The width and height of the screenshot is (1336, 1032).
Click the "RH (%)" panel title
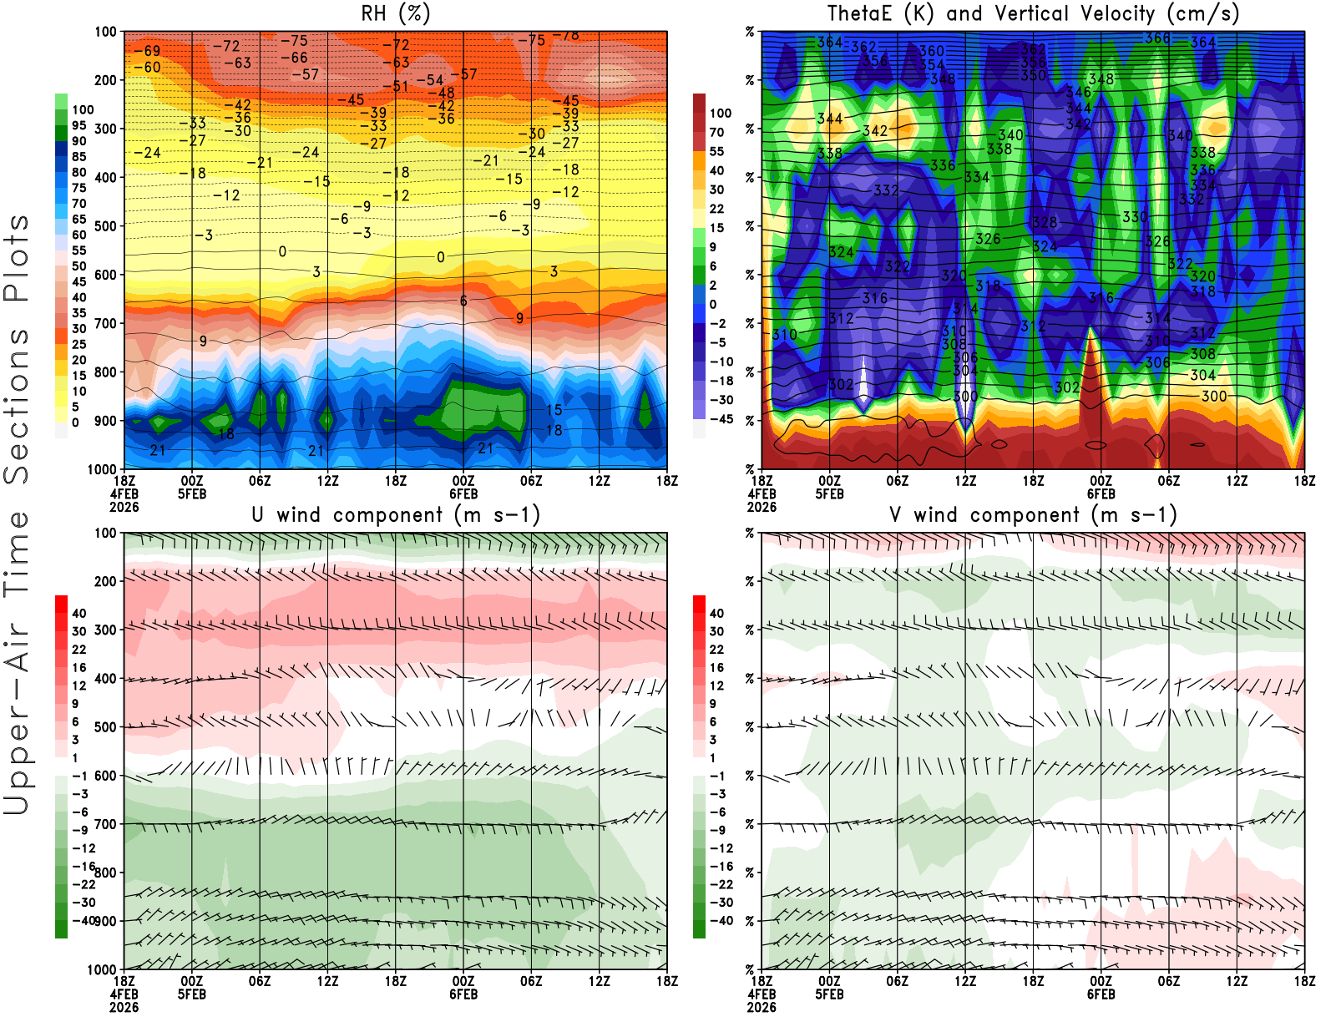pyautogui.click(x=395, y=13)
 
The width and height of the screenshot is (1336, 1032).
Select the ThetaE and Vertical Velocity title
pyautogui.click(x=1033, y=13)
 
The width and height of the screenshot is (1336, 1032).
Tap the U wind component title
pyautogui.click(x=395, y=514)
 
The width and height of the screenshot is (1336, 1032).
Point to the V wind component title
pyautogui.click(x=1033, y=514)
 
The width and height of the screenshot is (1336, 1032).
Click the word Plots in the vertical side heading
pyautogui.click(x=17, y=259)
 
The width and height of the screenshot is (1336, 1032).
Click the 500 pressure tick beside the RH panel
pyautogui.click(x=106, y=225)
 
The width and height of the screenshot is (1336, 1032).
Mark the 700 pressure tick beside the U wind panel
pyautogui.click(x=106, y=824)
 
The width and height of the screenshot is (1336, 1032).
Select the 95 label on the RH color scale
pyautogui.click(x=78, y=125)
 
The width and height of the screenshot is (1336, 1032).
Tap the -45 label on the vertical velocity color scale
pyautogui.click(x=721, y=419)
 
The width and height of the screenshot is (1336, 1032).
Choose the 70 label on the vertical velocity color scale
pyautogui.click(x=716, y=132)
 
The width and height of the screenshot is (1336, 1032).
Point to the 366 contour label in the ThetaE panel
pyautogui.click(x=1156, y=38)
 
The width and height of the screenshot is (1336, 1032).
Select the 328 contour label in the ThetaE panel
pyautogui.click(x=1045, y=222)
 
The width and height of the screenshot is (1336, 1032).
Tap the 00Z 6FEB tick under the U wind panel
pyautogui.click(x=463, y=987)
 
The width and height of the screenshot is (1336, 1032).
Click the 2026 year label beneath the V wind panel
pyautogui.click(x=762, y=1007)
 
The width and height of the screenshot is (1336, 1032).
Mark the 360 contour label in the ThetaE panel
pyautogui.click(x=931, y=52)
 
